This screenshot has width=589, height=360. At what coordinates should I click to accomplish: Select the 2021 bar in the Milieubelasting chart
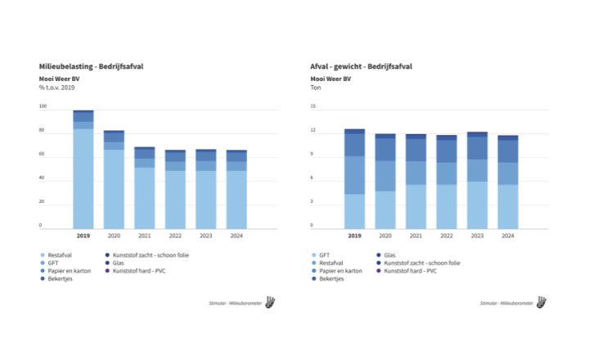coord(145,187)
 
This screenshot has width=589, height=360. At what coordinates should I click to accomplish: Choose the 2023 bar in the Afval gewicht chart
coord(477,179)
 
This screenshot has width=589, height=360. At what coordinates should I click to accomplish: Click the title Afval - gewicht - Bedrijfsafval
coord(361,65)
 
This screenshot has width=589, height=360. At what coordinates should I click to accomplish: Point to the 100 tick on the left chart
coord(43,106)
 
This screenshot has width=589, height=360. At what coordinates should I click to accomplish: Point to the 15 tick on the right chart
coord(312,106)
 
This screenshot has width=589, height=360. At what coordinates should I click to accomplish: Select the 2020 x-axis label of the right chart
coord(385,236)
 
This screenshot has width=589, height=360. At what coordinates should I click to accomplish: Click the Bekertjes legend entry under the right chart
coord(331,279)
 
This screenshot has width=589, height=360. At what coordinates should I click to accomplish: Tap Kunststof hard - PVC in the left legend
coord(134,271)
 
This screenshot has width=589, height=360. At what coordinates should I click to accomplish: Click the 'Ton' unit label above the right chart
coord(316,87)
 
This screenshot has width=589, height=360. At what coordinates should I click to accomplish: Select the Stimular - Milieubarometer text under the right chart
coord(506,304)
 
